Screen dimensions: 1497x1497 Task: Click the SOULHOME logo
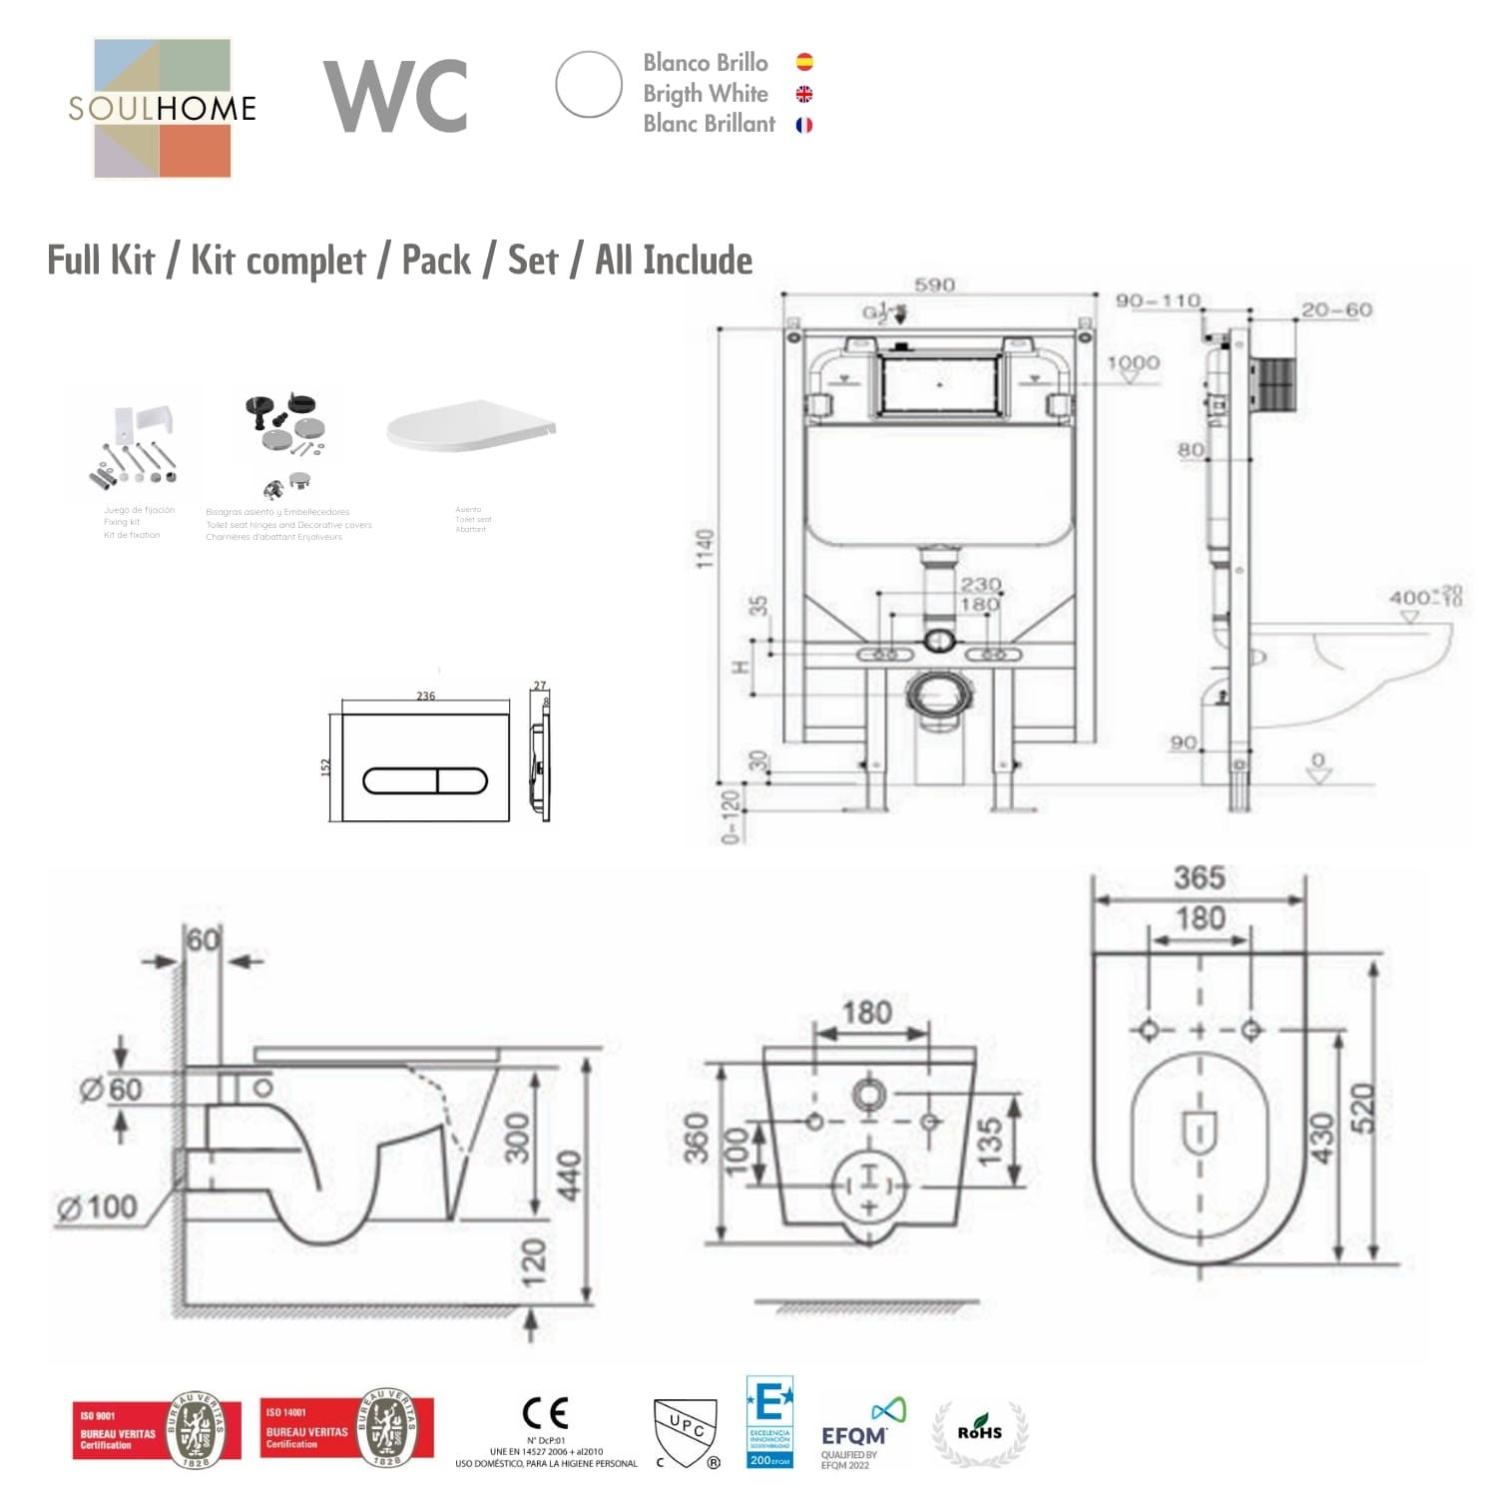163,108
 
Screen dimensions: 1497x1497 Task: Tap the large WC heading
396,96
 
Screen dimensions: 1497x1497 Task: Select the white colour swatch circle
589,85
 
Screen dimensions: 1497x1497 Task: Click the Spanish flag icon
804,62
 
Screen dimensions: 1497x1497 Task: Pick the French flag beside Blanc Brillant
804,125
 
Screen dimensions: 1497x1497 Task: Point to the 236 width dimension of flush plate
426,696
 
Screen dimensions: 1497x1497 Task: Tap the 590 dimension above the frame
934,285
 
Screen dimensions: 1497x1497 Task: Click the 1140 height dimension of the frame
706,549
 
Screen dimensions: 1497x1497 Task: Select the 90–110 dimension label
1158,300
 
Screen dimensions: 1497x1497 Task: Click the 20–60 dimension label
1336,309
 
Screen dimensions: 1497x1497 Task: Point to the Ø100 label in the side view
98,1208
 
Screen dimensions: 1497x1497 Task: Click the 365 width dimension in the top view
1199,878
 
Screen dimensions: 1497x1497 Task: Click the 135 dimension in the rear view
988,1142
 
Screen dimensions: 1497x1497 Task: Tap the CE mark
546,1413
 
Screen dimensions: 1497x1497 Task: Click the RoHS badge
980,1433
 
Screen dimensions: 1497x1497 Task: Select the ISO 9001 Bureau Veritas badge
157,1431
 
